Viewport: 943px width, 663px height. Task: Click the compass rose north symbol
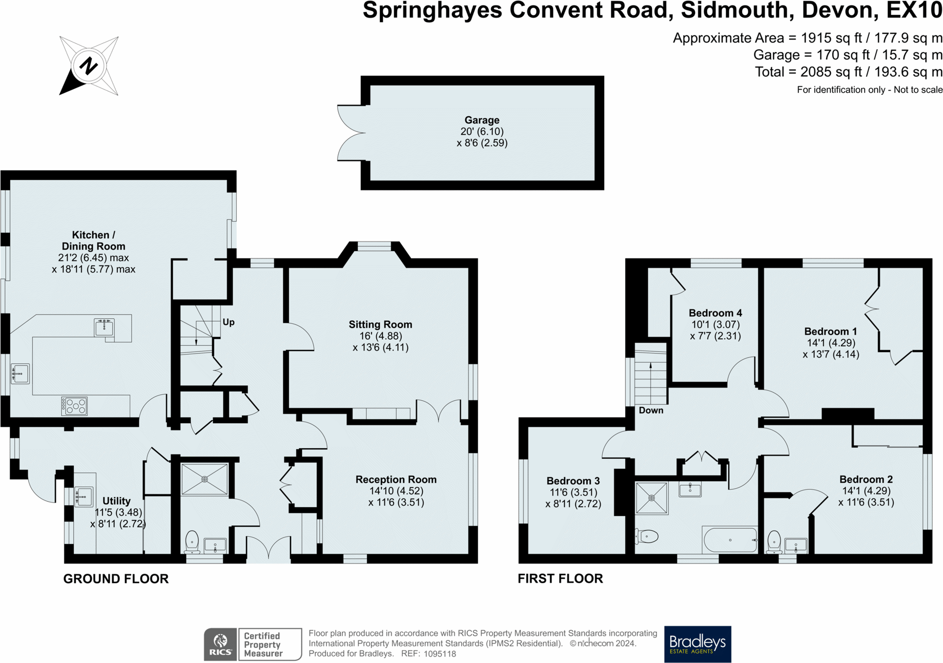pos(89,66)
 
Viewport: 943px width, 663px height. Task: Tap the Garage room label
pos(482,120)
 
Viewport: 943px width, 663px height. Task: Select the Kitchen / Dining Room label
pos(93,240)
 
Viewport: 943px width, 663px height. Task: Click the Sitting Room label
pos(380,324)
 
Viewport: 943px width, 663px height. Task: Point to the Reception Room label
pos(396,480)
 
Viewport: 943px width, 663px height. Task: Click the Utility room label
pos(116,501)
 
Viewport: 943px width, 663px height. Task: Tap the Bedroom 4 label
pos(715,313)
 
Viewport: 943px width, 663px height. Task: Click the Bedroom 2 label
pos(866,480)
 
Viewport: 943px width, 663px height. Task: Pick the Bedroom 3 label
pos(573,481)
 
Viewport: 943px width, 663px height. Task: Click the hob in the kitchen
pos(75,406)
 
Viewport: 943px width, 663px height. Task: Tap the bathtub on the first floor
pos(730,540)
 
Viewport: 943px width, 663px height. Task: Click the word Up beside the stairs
pos(229,322)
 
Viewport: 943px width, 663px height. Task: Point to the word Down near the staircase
pos(651,410)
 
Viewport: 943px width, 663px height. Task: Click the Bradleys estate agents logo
pos(698,644)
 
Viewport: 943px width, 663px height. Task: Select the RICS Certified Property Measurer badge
pos(253,644)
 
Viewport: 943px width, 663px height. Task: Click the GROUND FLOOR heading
pos(116,578)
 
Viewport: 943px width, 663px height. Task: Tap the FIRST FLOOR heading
pos(560,578)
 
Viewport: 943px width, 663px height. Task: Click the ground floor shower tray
pos(204,479)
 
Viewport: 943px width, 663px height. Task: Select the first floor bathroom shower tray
pos(652,498)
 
